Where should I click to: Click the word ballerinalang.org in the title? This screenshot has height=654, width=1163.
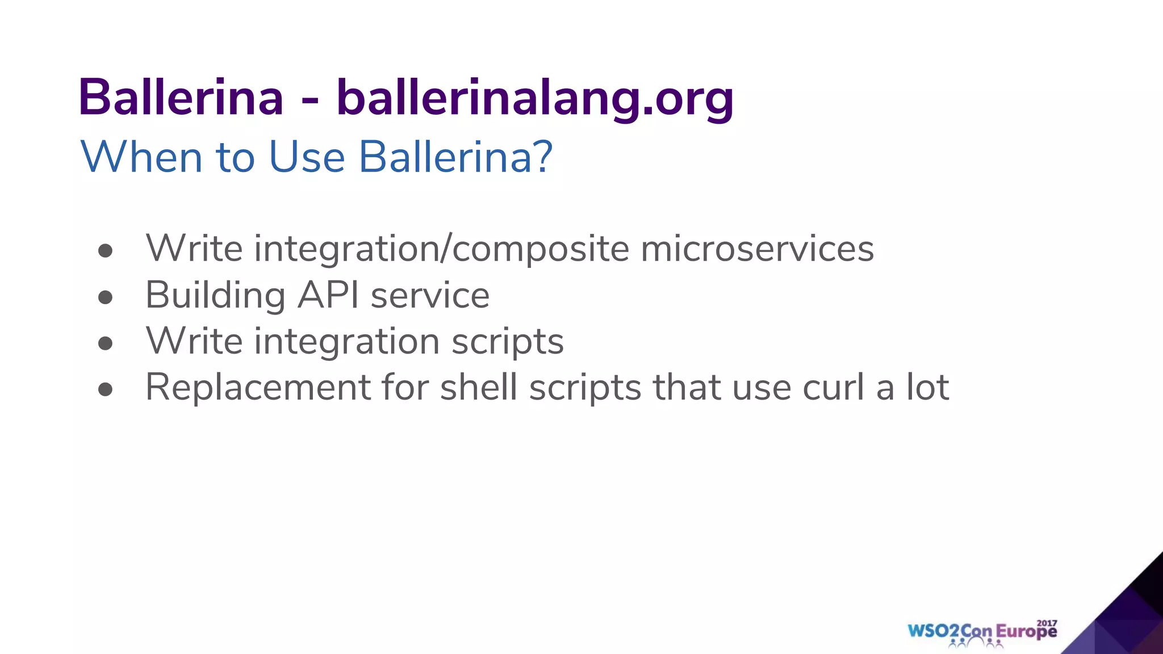(x=535, y=98)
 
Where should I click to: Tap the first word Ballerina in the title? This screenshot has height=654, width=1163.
(x=181, y=98)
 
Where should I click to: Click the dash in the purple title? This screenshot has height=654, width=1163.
(x=310, y=101)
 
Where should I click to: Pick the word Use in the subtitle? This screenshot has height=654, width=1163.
(x=307, y=157)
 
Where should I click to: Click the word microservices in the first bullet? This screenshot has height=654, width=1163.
(x=757, y=249)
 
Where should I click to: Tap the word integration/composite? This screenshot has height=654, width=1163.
(x=441, y=249)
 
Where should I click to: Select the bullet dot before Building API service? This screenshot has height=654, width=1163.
(x=105, y=297)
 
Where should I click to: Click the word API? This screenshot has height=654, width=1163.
(x=328, y=295)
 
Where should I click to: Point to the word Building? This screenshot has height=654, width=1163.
(x=215, y=295)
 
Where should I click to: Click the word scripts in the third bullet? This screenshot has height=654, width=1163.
(x=507, y=342)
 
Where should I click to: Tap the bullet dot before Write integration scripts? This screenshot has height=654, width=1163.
(x=105, y=343)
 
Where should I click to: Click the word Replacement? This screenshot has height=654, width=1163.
(x=258, y=388)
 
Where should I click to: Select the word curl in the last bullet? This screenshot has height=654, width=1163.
(x=834, y=388)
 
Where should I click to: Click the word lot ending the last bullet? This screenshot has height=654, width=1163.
(x=927, y=388)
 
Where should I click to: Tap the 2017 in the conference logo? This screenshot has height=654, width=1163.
(x=1047, y=623)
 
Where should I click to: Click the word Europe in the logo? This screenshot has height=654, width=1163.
(x=1027, y=632)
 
